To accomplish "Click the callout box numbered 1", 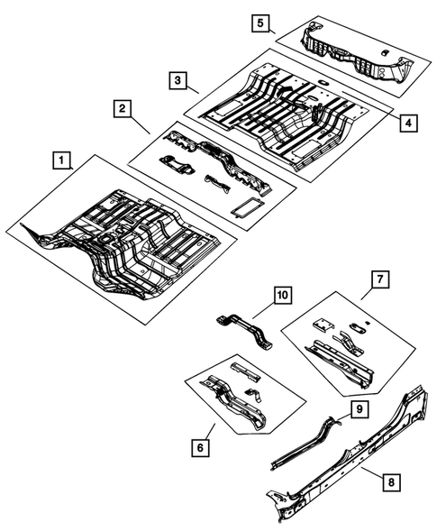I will (x=60, y=162).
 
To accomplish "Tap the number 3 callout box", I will (x=179, y=80).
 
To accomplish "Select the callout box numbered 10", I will (x=281, y=295).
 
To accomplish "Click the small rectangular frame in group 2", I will (x=243, y=206).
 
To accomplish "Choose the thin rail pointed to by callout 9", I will (x=306, y=442).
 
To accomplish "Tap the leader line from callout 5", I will (x=271, y=30).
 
